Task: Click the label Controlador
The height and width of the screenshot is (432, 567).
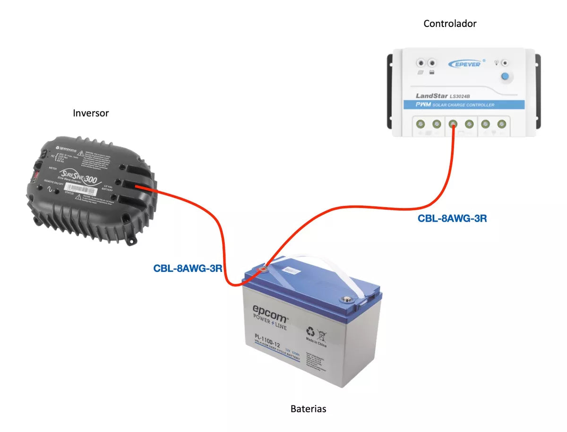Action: [450, 24]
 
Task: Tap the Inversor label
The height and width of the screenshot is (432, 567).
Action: [91, 113]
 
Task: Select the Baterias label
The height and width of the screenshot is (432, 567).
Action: [308, 409]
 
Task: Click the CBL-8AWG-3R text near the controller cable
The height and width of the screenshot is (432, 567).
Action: [452, 218]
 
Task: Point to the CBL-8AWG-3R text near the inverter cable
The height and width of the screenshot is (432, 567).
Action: [188, 268]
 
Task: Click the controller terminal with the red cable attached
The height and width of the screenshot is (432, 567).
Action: [452, 124]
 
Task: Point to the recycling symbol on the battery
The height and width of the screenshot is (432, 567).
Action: [310, 331]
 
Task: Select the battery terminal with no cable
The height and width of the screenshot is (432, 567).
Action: [348, 299]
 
